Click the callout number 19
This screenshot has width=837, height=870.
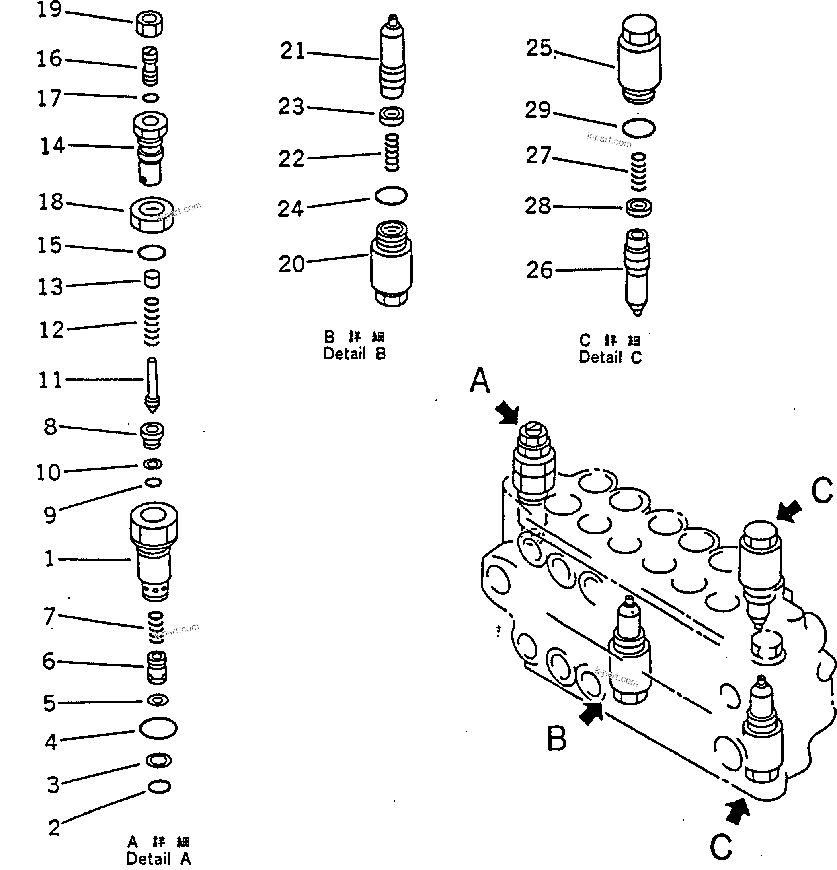(x=49, y=10)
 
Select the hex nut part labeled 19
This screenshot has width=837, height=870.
(x=149, y=25)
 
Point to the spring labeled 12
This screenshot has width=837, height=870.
(x=152, y=322)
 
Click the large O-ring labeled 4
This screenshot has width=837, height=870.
(x=158, y=728)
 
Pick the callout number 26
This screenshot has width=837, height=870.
(x=540, y=270)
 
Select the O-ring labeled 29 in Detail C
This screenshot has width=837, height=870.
(x=638, y=128)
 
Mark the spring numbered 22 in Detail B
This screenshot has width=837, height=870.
(x=392, y=152)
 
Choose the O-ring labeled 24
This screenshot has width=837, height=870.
(x=391, y=196)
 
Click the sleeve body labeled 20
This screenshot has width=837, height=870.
(x=391, y=264)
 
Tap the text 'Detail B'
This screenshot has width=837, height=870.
(x=355, y=354)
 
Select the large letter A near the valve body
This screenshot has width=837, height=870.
(x=480, y=381)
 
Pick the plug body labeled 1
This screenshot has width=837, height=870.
(x=154, y=550)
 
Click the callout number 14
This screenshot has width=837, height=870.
(x=52, y=146)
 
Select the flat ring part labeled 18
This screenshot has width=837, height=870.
(x=152, y=214)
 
